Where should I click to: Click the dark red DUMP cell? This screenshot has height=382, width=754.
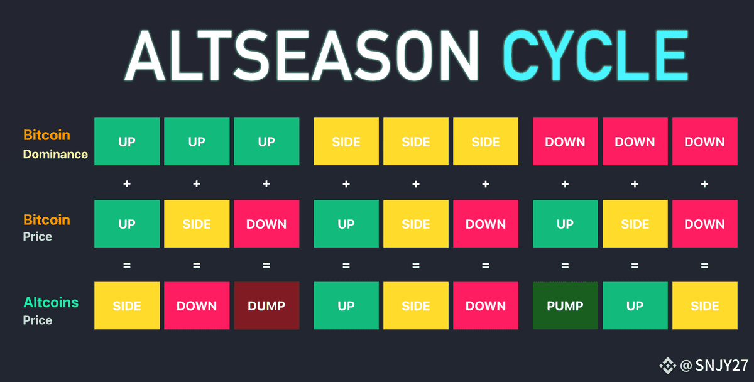tap(266, 305)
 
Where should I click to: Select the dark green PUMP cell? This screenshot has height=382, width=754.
tap(565, 305)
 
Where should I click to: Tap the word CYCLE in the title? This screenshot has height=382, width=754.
tap(595, 55)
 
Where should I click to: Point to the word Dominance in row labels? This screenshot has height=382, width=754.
tap(55, 154)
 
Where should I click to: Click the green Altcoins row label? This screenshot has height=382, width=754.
tap(51, 302)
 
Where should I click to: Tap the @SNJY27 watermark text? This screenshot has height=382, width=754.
tap(714, 365)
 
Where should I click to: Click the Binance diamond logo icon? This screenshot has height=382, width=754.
tap(668, 366)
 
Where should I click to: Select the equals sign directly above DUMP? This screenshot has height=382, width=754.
tap(266, 266)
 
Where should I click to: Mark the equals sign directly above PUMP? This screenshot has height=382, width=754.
tap(565, 266)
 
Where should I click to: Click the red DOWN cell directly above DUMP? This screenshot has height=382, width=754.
tap(266, 224)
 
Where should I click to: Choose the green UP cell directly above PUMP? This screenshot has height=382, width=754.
tap(565, 224)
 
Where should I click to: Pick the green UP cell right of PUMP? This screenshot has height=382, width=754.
tap(635, 305)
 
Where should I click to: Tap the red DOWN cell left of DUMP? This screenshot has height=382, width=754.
tap(197, 305)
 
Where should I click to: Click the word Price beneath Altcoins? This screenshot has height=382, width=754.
tap(37, 320)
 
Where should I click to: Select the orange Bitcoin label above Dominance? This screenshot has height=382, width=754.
tap(46, 135)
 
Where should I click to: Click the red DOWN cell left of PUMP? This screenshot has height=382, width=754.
tap(485, 305)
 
